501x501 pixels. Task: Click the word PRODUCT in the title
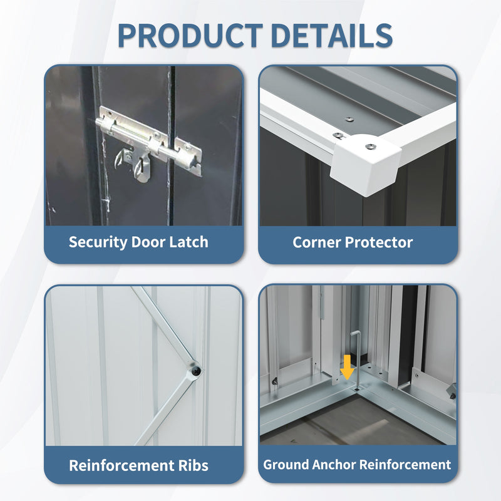pyautogui.click(x=190, y=35)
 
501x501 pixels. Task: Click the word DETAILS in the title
pyautogui.click(x=332, y=35)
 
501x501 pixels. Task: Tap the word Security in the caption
pyautogui.click(x=98, y=242)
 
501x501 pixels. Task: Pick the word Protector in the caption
pyautogui.click(x=379, y=242)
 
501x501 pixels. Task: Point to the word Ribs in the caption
pyautogui.click(x=193, y=465)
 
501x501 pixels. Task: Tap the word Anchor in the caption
pyautogui.click(x=334, y=465)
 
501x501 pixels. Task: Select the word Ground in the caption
pyautogui.click(x=286, y=465)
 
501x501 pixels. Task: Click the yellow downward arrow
pyautogui.click(x=347, y=368)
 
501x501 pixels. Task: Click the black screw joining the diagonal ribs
pyautogui.click(x=196, y=371)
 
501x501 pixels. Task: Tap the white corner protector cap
pyautogui.click(x=366, y=164)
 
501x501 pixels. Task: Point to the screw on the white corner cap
pyautogui.click(x=371, y=147)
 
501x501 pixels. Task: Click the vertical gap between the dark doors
pyautogui.click(x=172, y=146)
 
